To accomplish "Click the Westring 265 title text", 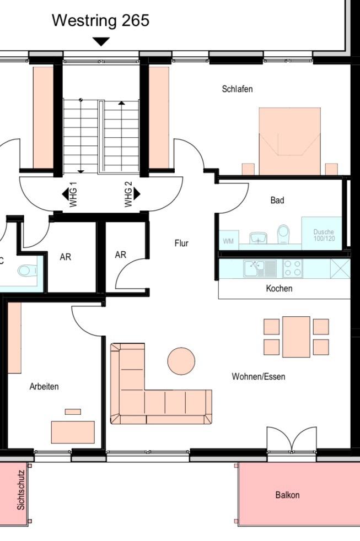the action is [100, 20].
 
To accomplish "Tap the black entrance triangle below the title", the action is [101, 41].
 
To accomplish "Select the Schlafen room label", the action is [237, 89].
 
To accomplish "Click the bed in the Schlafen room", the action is [290, 141].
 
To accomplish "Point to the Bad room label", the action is [277, 200].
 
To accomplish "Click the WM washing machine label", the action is [228, 241].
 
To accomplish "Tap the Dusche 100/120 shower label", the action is [324, 235].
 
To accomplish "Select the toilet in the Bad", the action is [283, 234].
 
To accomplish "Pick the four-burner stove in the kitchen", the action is [293, 268].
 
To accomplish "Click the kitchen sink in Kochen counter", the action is [260, 268].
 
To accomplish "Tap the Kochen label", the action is [279, 288].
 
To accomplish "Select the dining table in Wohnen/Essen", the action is [296, 337].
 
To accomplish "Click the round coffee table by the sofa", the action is [181, 360].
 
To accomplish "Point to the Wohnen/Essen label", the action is [259, 376].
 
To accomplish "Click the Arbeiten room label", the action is [44, 386].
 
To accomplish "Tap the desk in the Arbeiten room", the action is [73, 432].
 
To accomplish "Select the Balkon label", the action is [287, 495].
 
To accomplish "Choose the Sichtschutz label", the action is [21, 490].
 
